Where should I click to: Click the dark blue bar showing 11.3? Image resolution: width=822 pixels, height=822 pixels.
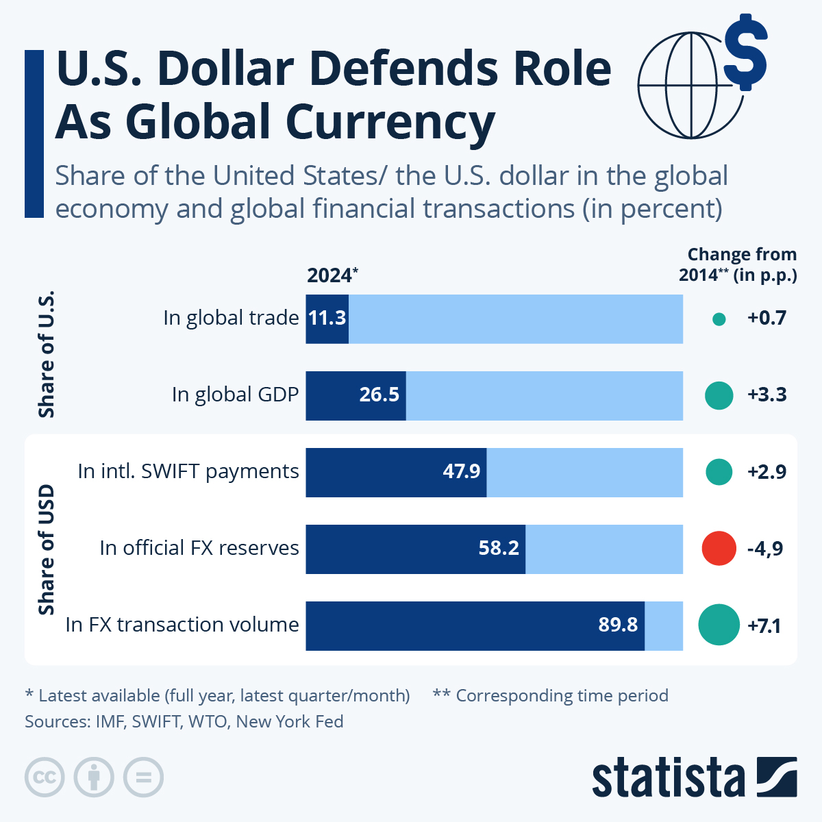[327, 319]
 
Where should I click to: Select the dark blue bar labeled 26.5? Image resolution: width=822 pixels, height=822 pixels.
[356, 395]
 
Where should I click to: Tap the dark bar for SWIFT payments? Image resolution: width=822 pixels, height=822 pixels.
[396, 472]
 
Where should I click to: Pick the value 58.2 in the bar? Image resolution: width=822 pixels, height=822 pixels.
[499, 548]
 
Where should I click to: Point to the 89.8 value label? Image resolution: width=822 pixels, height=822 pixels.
[618, 625]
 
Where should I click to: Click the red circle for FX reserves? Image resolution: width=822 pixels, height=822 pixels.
[719, 548]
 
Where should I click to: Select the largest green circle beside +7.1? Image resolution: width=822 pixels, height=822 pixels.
[719, 625]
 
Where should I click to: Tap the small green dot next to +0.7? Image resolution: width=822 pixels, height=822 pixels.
[719, 319]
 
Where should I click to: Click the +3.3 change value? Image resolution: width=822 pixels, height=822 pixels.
[767, 395]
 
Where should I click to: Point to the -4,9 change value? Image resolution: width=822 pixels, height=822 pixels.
[765, 549]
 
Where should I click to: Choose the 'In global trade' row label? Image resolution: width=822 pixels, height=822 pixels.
[231, 319]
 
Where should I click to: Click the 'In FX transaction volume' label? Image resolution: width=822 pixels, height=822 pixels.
[182, 625]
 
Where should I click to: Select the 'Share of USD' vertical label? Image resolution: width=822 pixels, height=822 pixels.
[46, 549]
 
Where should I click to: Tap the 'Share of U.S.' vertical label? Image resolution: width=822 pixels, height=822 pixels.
[46, 355]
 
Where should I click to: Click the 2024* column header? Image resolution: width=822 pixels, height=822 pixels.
[332, 275]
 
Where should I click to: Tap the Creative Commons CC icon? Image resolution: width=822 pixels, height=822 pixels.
[45, 777]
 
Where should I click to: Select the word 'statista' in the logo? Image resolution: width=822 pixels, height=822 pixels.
[668, 777]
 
